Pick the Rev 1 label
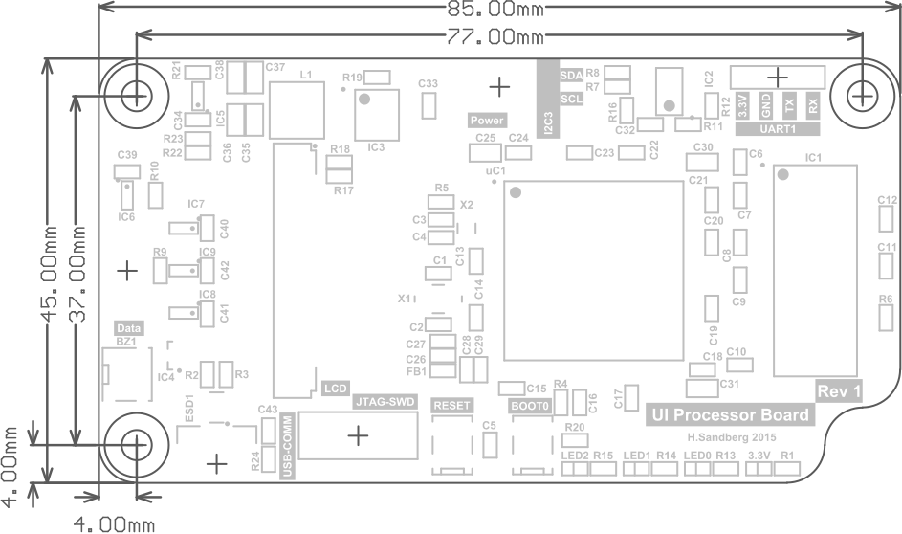click(839, 390)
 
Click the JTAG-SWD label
click(385, 402)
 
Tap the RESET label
click(451, 405)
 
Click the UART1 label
click(778, 128)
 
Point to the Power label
click(487, 121)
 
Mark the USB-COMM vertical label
click(286, 450)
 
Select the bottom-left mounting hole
click(137, 444)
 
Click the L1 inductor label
click(306, 74)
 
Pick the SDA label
click(570, 74)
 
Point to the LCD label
click(335, 389)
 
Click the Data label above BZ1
click(128, 327)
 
